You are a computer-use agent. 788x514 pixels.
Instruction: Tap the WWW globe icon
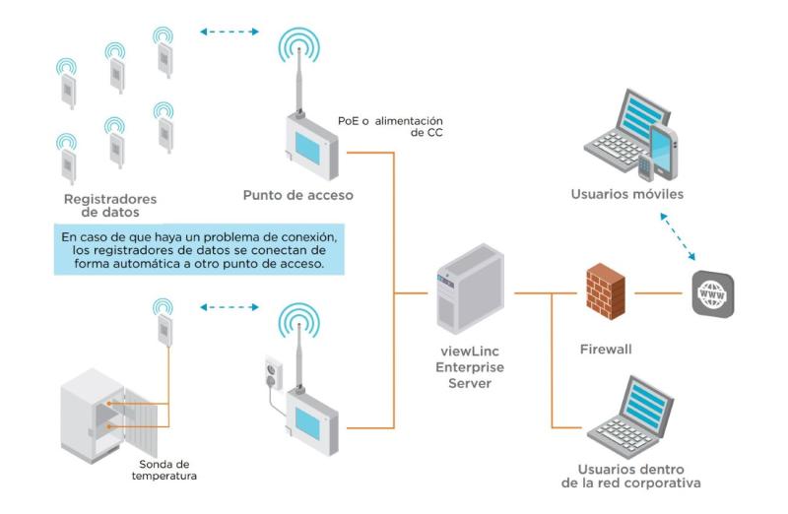click(711, 292)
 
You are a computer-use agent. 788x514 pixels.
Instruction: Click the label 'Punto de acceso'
click(297, 194)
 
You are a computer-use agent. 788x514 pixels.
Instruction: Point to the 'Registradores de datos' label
click(109, 205)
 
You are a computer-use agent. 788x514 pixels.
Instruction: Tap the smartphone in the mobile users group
click(661, 150)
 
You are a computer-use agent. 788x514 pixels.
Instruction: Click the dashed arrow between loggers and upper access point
click(229, 32)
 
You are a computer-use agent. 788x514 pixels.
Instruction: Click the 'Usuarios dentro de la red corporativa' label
click(631, 476)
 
